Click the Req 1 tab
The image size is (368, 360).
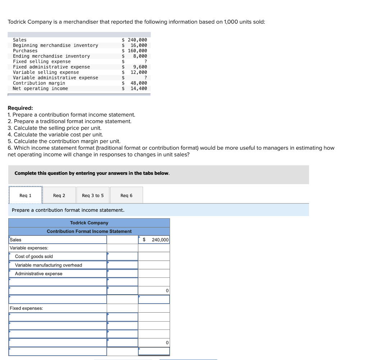[26, 196]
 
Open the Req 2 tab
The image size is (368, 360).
[59, 196]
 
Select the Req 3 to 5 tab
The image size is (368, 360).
[93, 196]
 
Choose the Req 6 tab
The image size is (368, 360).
[126, 196]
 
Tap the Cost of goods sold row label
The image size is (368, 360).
[34, 256]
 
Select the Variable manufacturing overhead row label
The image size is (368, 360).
[49, 265]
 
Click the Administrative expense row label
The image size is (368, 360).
[38, 273]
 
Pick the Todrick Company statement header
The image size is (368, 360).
[89, 223]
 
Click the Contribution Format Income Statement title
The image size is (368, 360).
[89, 232]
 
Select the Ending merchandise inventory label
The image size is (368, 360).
[51, 56]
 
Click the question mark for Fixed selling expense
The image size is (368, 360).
[145, 61]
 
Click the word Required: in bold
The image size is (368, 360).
[20, 108]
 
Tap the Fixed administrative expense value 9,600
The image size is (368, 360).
[140, 67]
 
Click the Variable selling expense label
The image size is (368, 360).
[46, 72]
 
